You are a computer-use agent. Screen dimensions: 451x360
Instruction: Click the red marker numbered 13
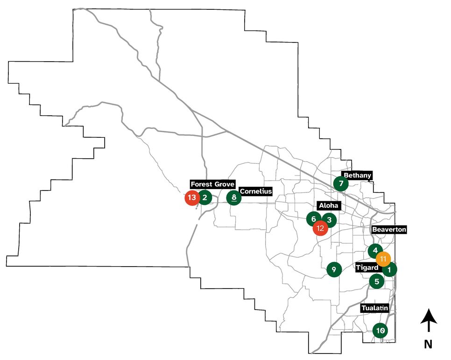coord(191,198)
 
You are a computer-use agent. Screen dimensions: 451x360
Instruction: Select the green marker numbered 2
coord(205,198)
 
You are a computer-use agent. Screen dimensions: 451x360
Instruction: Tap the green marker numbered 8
coord(234,198)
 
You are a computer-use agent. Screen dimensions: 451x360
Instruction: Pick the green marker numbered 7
coord(341,183)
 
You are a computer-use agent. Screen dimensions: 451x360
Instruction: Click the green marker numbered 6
coord(314,219)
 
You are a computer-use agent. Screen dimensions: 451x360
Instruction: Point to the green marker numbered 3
coord(329,220)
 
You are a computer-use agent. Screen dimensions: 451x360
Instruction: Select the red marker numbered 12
coord(320,228)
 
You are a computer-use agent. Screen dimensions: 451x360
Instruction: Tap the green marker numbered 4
coord(375,250)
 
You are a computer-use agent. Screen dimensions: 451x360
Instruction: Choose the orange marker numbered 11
coord(383,259)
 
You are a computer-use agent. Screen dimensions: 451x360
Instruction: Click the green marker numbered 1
coord(390,269)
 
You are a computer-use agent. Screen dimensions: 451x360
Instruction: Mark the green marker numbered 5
coord(376,282)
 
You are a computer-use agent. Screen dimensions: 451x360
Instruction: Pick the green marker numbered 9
coord(333,269)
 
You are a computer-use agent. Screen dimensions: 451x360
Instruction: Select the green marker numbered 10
coord(381,331)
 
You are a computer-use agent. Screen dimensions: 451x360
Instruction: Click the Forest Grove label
coord(212,184)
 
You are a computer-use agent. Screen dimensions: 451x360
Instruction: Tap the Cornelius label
coord(255,191)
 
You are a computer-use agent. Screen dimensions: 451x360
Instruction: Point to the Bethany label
coord(357,176)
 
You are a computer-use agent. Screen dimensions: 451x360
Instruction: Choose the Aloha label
coord(329,206)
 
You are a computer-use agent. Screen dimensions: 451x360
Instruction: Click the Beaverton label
coord(389,230)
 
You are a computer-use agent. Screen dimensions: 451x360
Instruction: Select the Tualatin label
coord(374,309)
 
